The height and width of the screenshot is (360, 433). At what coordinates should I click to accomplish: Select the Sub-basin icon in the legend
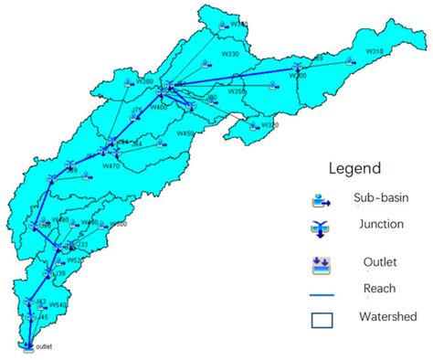point(322,198)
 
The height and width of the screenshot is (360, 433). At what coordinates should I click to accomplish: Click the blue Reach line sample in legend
point(322,294)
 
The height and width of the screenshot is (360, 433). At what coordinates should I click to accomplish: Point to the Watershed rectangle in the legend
point(322,320)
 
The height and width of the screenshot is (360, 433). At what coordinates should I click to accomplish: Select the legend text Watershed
point(382,317)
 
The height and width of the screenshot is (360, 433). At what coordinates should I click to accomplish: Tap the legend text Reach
point(379,288)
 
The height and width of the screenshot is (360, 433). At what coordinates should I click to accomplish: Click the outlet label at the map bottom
point(45,346)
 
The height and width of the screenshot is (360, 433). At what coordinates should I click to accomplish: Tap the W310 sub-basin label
point(375,51)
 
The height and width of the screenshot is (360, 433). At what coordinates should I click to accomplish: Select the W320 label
point(269,124)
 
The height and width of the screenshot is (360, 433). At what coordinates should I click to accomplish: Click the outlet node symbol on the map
point(26,344)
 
